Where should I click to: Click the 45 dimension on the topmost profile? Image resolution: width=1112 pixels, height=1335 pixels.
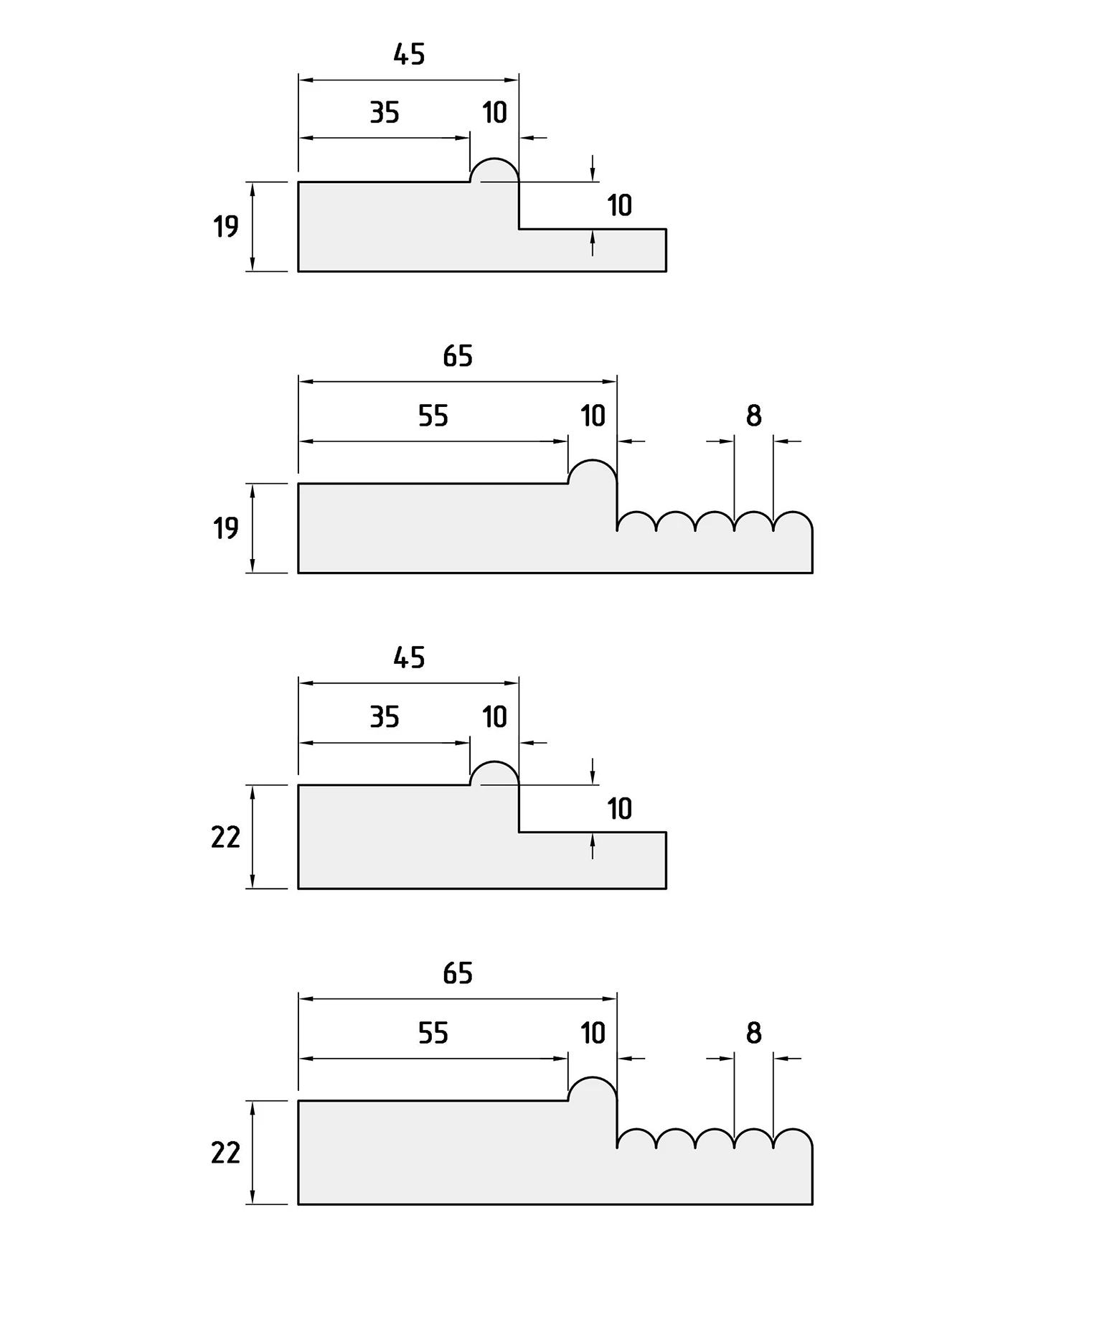click(x=409, y=55)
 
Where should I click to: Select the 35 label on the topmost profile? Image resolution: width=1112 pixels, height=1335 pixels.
click(x=385, y=113)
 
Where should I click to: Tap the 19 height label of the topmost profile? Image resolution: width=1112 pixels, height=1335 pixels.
click(x=225, y=227)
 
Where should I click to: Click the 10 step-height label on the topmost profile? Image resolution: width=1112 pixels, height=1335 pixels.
click(x=620, y=206)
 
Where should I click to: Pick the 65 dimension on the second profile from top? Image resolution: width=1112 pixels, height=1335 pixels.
click(x=458, y=356)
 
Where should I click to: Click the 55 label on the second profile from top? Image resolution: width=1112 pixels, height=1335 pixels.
click(x=433, y=416)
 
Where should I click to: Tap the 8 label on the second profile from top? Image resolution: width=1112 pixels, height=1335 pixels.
click(x=753, y=416)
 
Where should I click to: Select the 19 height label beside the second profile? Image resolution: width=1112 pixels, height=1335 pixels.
click(x=225, y=528)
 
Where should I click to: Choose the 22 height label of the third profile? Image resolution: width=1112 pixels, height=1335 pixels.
click(x=225, y=838)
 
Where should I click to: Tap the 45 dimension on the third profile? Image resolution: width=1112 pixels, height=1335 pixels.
click(x=409, y=658)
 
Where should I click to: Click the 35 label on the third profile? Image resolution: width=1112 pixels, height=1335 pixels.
click(x=385, y=717)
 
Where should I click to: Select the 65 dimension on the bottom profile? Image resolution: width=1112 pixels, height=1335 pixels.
click(x=458, y=973)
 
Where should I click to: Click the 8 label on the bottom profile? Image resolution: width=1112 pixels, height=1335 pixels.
click(x=753, y=1033)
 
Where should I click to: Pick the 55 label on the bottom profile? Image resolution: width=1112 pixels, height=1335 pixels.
click(x=433, y=1033)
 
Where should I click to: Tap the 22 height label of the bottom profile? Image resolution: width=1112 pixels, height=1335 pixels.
click(x=225, y=1153)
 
